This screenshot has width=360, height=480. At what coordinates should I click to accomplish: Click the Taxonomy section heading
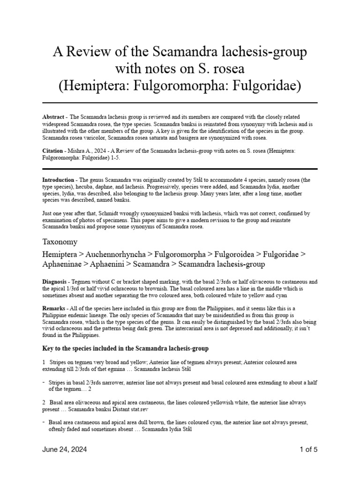point(60,242)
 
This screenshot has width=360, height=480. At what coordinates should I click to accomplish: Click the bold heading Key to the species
point(125,349)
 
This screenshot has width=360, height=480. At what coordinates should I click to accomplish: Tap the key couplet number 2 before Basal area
point(44,402)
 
